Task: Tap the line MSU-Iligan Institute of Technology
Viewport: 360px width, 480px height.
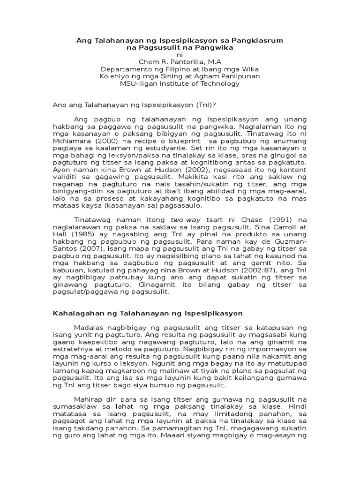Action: (x=180, y=83)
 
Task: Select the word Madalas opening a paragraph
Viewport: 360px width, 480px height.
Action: (x=90, y=327)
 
